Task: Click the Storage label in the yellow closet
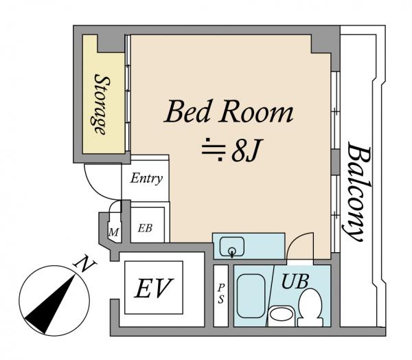(x=102, y=104)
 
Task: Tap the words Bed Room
(x=229, y=112)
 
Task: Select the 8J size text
(x=247, y=151)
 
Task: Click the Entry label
(x=146, y=179)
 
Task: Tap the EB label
(x=145, y=228)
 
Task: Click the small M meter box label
(x=113, y=232)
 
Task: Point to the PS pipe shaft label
(x=220, y=294)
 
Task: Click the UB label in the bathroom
(x=295, y=282)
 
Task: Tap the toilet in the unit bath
(x=310, y=307)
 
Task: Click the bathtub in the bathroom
(x=251, y=296)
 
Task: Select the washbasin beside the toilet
(x=282, y=314)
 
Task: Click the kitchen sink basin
(x=232, y=247)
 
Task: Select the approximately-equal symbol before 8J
(x=214, y=149)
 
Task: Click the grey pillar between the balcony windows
(x=336, y=162)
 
